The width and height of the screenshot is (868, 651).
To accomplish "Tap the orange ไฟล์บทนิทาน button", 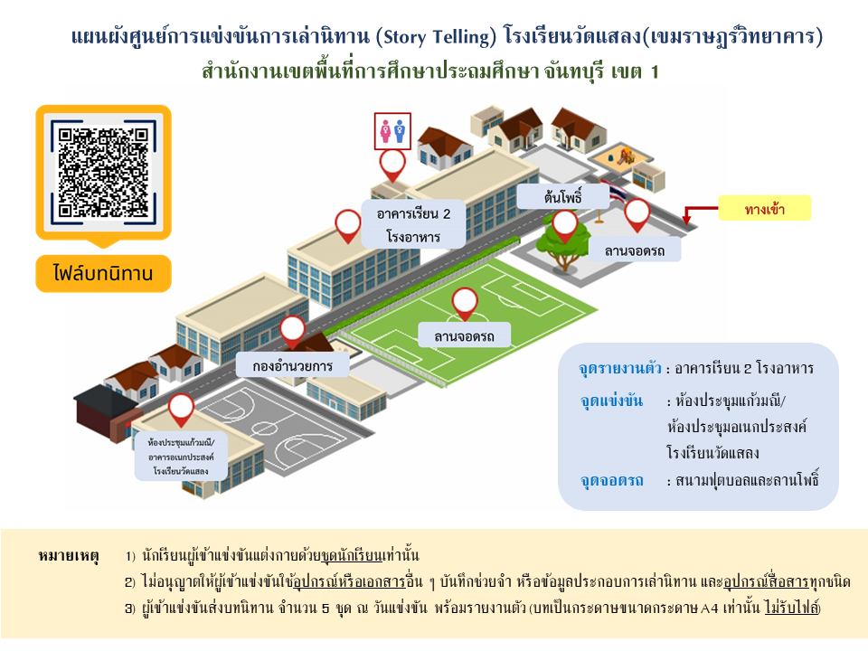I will pos(103,272).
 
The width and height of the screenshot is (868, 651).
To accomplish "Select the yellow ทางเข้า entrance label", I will pos(764,210).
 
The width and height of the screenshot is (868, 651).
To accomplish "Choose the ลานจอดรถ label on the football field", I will pos(465,335).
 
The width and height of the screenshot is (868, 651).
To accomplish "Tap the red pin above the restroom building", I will pos(392,164).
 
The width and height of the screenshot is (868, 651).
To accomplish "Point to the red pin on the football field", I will pos(465,303).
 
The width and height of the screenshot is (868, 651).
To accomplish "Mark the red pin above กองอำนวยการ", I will pos(293,331).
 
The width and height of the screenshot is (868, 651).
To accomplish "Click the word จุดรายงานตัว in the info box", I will pos(620,369).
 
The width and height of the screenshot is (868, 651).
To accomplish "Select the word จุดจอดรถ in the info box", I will pos(611,480).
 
